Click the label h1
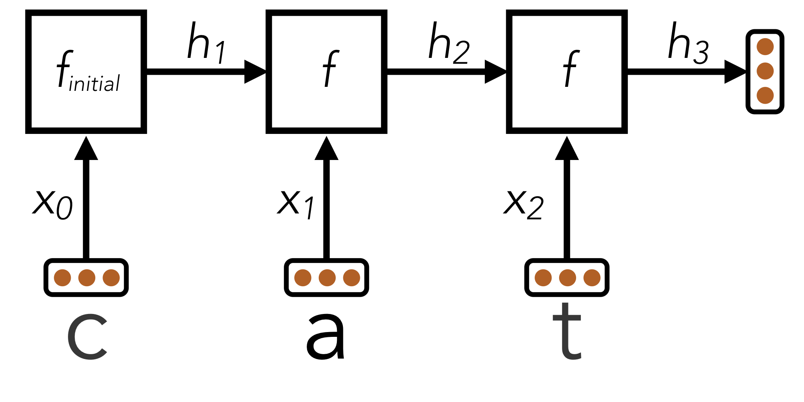[x=207, y=43]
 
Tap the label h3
[x=688, y=43]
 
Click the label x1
[x=296, y=204]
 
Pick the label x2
[x=523, y=204]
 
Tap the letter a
[x=326, y=337]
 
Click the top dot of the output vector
[x=765, y=47]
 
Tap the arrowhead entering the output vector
[x=735, y=72]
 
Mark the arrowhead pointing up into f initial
[x=86, y=148]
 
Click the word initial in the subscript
[x=94, y=84]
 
